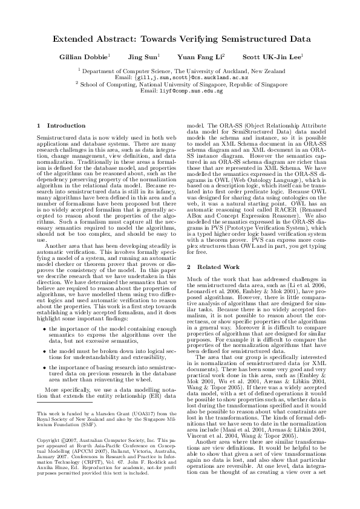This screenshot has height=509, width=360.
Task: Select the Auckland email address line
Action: coord(181,78)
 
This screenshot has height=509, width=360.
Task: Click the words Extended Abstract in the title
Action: coord(91,39)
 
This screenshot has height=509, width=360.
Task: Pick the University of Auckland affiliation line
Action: coord(181,71)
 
